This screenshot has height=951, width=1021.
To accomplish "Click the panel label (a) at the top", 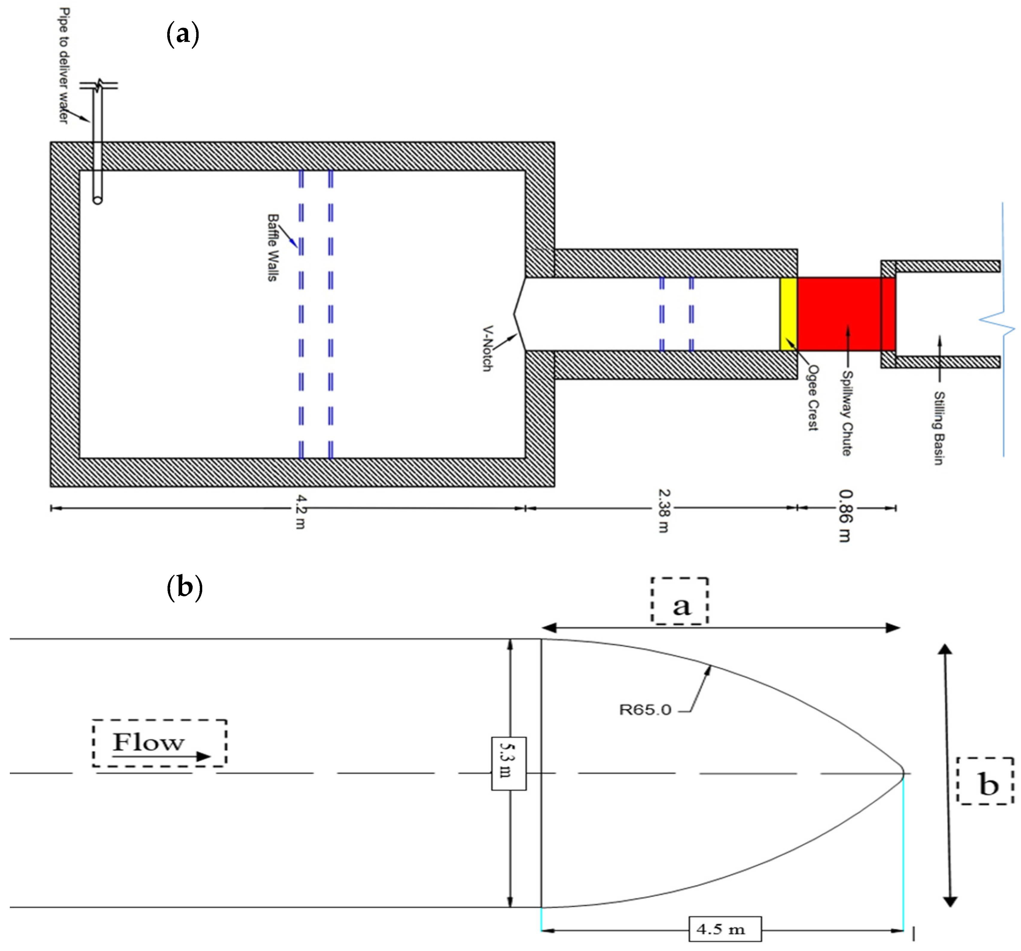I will click(x=183, y=35).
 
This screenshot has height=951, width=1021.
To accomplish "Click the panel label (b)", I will click(x=184, y=587).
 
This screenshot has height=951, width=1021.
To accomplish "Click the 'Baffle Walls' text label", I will click(x=273, y=247).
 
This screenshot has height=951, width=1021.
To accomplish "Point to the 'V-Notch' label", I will click(x=487, y=348).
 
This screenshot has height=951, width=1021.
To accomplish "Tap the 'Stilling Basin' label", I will click(x=939, y=428).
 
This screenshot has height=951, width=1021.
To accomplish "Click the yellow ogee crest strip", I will click(x=788, y=314).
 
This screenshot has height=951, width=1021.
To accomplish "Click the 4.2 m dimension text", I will click(x=301, y=511).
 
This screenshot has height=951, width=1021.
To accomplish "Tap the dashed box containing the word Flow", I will click(x=160, y=743).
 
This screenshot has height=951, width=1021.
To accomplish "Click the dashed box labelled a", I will click(x=679, y=601).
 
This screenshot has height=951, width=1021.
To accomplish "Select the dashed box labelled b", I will click(x=985, y=781).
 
